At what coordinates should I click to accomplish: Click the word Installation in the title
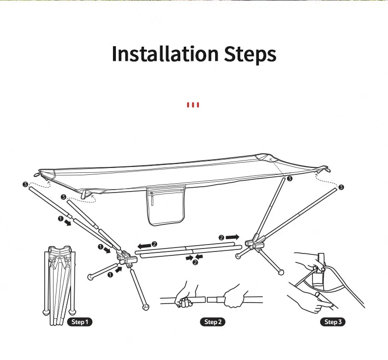click(x=166, y=54)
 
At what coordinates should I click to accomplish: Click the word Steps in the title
click(x=250, y=55)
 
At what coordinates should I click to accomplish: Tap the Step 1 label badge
click(x=80, y=322)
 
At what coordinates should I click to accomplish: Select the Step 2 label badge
click(x=213, y=322)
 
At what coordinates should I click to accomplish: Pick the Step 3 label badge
click(x=333, y=322)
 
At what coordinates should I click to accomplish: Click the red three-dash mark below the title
click(x=193, y=105)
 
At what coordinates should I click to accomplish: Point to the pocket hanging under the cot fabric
click(x=166, y=206)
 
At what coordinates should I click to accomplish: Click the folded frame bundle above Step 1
click(x=59, y=284)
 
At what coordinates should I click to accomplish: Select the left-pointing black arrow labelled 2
click(x=144, y=246)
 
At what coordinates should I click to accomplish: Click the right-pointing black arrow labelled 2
click(x=233, y=237)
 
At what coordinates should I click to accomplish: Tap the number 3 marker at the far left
click(x=25, y=184)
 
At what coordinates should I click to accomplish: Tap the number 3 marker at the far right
click(x=341, y=187)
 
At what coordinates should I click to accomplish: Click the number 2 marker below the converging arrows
click(x=195, y=262)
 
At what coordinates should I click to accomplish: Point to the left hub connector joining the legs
click(x=126, y=259)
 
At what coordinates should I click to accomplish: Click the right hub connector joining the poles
click(x=255, y=242)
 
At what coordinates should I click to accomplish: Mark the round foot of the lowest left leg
click(x=145, y=307)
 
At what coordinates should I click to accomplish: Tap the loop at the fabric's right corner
click(x=326, y=170)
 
